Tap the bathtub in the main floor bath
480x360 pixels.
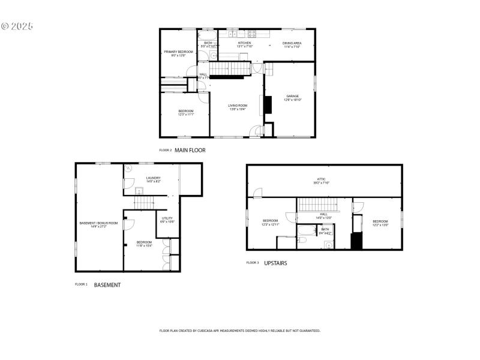click(x=208, y=34)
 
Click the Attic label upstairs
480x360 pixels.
click(x=322, y=181)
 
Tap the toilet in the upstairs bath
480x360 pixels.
click(x=302, y=240)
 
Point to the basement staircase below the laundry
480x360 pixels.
click(x=144, y=204)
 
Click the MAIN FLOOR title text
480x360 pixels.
click(x=190, y=151)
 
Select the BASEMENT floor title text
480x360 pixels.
click(x=107, y=285)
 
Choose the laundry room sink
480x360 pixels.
click(x=139, y=191)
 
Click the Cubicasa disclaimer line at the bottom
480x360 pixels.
click(x=239, y=331)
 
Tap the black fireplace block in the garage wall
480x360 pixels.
click(x=268, y=106)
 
